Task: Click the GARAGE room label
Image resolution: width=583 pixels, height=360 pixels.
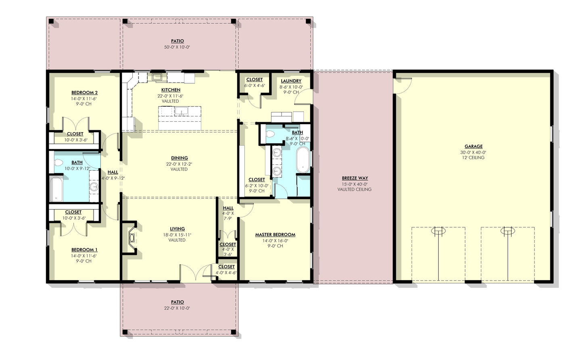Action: pyautogui.click(x=473, y=147)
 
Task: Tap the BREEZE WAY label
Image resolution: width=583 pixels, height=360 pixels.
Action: pyautogui.click(x=355, y=178)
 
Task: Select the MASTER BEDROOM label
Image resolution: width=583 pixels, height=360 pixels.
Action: pyautogui.click(x=275, y=235)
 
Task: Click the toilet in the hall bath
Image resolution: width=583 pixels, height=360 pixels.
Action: pyautogui.click(x=58, y=163)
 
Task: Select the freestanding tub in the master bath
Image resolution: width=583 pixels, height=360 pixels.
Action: pyautogui.click(x=303, y=160)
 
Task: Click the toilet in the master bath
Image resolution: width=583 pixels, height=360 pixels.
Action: pyautogui.click(x=270, y=134)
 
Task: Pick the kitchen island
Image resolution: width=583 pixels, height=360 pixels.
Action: pyautogui.click(x=180, y=117)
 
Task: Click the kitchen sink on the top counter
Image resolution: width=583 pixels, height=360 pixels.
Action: pyautogui.click(x=157, y=76)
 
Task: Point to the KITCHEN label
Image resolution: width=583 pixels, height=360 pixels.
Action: pyautogui.click(x=171, y=90)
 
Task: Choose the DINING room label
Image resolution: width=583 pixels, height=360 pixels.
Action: pyautogui.click(x=179, y=158)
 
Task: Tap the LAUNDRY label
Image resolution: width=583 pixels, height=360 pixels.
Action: pyautogui.click(x=291, y=81)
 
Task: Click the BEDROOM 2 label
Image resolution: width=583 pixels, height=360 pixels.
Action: pyautogui.click(x=84, y=93)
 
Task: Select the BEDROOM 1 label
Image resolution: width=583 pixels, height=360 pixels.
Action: pyautogui.click(x=84, y=250)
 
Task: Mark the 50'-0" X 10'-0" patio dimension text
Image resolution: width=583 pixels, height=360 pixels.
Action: pyautogui.click(x=177, y=47)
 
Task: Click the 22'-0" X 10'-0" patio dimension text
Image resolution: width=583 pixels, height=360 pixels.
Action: pyautogui.click(x=177, y=308)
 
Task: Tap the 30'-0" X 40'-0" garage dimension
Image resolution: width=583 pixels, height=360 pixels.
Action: pyautogui.click(x=473, y=152)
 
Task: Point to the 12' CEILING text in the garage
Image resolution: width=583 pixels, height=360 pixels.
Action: pyautogui.click(x=473, y=158)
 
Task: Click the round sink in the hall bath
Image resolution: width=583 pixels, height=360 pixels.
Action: pyautogui.click(x=94, y=186)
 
